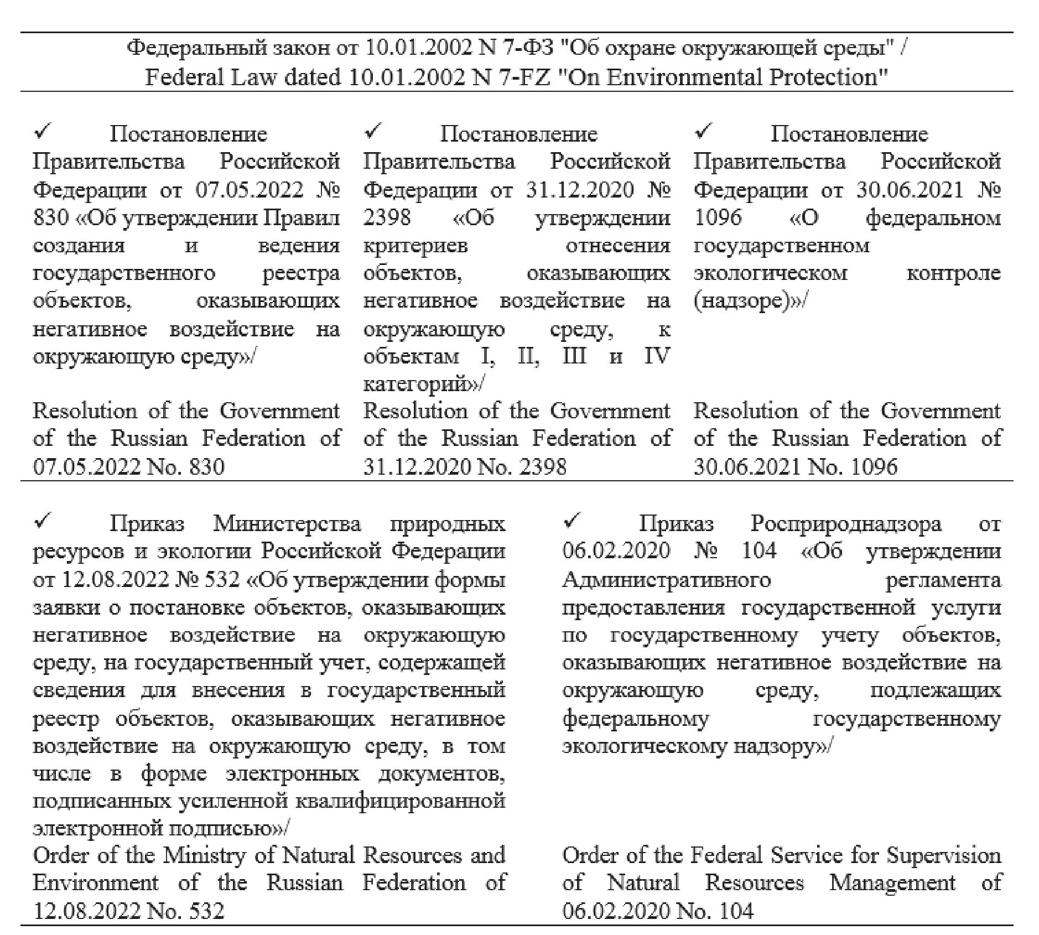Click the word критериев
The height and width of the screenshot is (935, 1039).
415,245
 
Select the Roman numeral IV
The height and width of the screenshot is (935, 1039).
657,356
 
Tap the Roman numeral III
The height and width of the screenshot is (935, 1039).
574,356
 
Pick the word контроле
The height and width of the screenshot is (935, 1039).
953,273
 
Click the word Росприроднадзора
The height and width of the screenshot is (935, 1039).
846,523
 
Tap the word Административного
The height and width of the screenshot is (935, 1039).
666,580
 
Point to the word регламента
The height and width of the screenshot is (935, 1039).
943,580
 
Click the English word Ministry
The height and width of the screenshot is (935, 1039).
203,855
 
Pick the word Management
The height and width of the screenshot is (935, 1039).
892,883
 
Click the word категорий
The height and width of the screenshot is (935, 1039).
415,384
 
